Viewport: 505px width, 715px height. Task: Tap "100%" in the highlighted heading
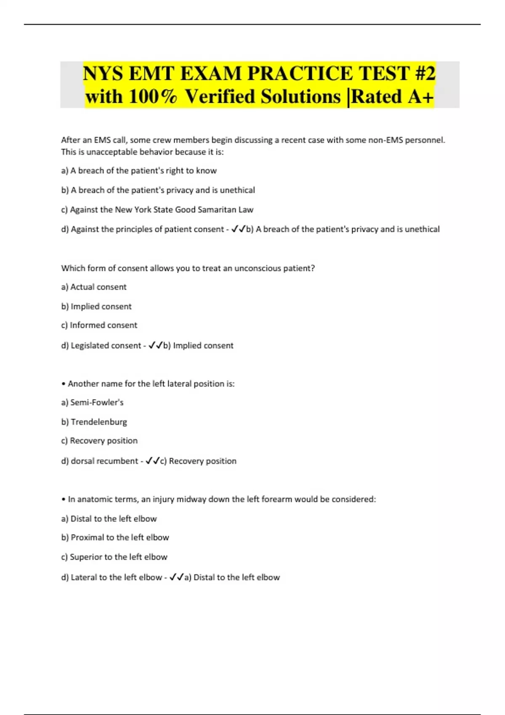tap(153, 96)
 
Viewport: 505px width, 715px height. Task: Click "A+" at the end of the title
tap(420, 96)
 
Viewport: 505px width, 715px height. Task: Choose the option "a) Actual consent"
tap(94, 287)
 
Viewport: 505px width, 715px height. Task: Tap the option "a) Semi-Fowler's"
tap(92, 403)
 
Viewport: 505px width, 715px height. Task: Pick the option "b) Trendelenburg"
tap(94, 422)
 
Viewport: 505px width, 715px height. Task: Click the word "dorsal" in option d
tap(82, 461)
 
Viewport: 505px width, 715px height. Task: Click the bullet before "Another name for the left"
tap(63, 384)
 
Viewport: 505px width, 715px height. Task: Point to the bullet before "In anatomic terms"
tap(63, 500)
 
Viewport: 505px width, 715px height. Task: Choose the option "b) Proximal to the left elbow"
tap(115, 538)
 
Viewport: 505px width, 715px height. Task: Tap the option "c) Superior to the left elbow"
tap(114, 557)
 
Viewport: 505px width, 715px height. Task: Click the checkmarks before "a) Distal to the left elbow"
tap(176, 577)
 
